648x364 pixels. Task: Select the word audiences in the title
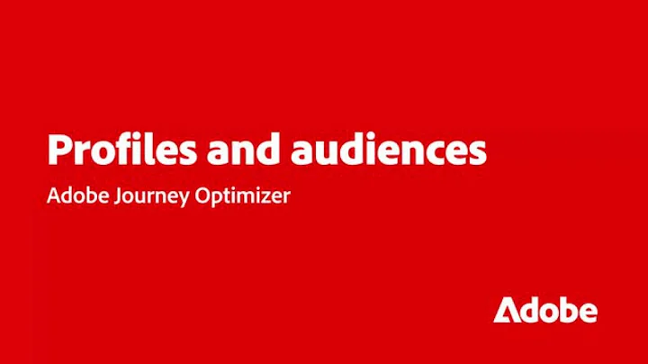click(x=389, y=149)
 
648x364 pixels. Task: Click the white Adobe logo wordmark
click(x=544, y=309)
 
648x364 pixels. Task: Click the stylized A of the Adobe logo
click(x=507, y=309)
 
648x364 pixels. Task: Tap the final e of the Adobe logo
click(x=586, y=312)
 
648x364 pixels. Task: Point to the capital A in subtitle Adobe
click(x=52, y=196)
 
